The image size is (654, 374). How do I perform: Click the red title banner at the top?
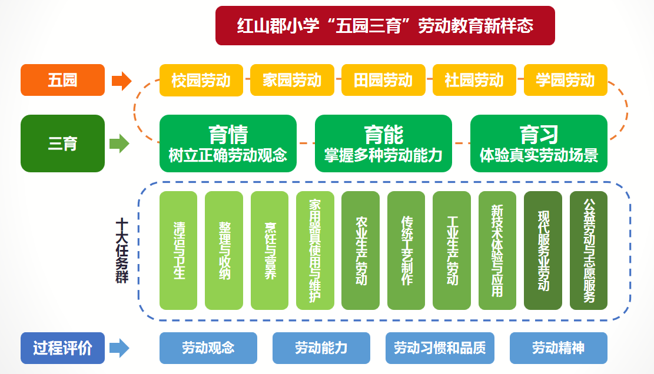click(385, 25)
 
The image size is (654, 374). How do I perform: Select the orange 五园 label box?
click(62, 80)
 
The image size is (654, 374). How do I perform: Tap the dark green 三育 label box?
click(62, 143)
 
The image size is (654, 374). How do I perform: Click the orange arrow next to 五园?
click(121, 81)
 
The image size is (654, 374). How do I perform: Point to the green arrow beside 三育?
click(119, 143)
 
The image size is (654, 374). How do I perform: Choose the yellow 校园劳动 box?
click(201, 80)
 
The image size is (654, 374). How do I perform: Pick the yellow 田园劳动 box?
click(383, 80)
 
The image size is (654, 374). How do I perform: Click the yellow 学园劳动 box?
click(566, 80)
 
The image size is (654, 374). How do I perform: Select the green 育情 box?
click(228, 143)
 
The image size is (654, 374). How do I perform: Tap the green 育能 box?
click(383, 143)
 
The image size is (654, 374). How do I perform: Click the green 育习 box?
click(539, 143)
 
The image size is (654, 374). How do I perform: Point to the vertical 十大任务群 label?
click(122, 251)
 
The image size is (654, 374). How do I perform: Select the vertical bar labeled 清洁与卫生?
click(178, 251)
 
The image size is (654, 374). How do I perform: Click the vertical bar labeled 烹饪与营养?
click(270, 251)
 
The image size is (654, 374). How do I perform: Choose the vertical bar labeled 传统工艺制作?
click(406, 251)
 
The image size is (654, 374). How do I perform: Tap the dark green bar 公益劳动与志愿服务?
click(589, 251)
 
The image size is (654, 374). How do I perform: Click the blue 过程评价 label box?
click(62, 348)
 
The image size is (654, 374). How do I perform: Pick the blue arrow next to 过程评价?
click(119, 348)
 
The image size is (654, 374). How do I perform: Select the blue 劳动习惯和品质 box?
click(440, 348)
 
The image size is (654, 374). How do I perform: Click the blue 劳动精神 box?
click(559, 348)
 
